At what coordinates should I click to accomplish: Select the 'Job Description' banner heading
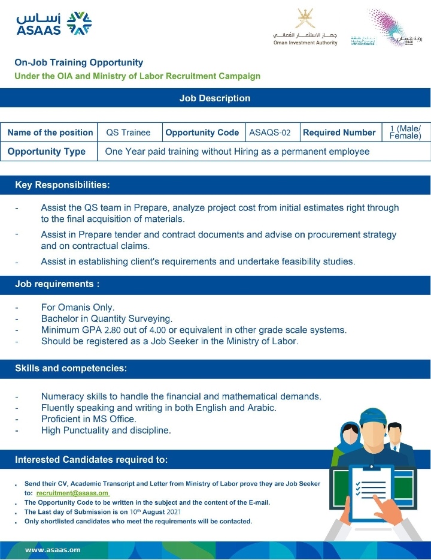[215, 98]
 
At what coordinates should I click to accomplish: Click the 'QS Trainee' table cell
[128, 133]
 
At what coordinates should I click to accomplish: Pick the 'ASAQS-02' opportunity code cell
[270, 133]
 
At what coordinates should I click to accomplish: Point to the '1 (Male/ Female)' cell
[405, 133]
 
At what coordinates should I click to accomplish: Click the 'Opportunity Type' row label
[47, 152]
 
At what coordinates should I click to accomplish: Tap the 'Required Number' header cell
[339, 133]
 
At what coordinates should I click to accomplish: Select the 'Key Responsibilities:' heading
[62, 185]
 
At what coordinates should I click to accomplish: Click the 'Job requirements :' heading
[57, 284]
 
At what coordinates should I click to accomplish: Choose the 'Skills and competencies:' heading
[71, 368]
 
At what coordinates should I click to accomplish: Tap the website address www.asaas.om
[53, 549]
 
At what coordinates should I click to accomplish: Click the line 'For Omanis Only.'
[77, 308]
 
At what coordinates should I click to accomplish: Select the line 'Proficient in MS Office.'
[89, 419]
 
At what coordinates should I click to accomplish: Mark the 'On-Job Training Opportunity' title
[79, 62]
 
